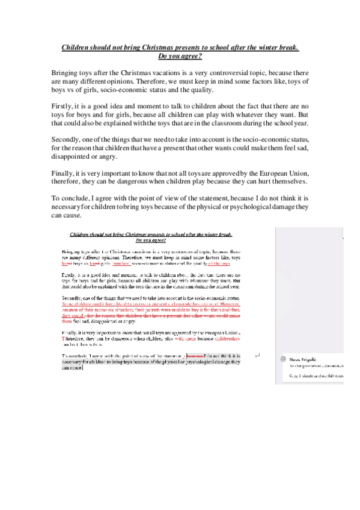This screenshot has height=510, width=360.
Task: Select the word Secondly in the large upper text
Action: pyautogui.click(x=67, y=139)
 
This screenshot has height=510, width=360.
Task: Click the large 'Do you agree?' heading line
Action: pyautogui.click(x=180, y=57)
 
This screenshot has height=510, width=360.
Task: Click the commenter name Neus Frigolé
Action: pyautogui.click(x=304, y=358)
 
